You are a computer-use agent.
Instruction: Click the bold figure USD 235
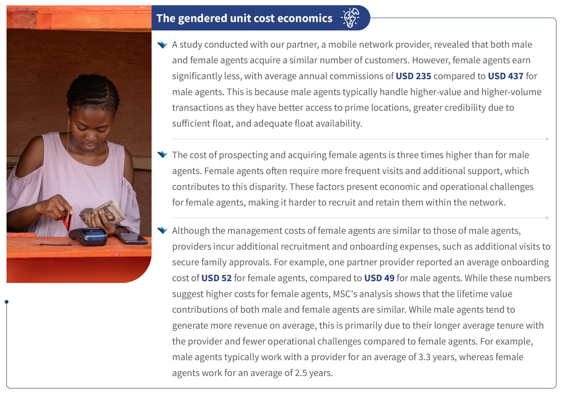coord(413,76)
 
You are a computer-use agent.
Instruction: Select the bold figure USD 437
coord(506,76)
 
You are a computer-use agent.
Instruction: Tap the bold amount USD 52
coord(217,278)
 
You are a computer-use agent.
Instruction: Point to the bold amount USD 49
coord(379,278)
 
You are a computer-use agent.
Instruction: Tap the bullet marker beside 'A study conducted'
coord(162,45)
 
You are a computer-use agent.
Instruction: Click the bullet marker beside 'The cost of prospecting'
coord(162,155)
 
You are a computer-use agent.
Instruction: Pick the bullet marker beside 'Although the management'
coord(162,230)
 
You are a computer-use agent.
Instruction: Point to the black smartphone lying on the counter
coord(131,239)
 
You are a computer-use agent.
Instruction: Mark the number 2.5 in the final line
coord(301,373)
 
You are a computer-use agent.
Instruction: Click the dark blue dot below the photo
coord(7,302)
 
